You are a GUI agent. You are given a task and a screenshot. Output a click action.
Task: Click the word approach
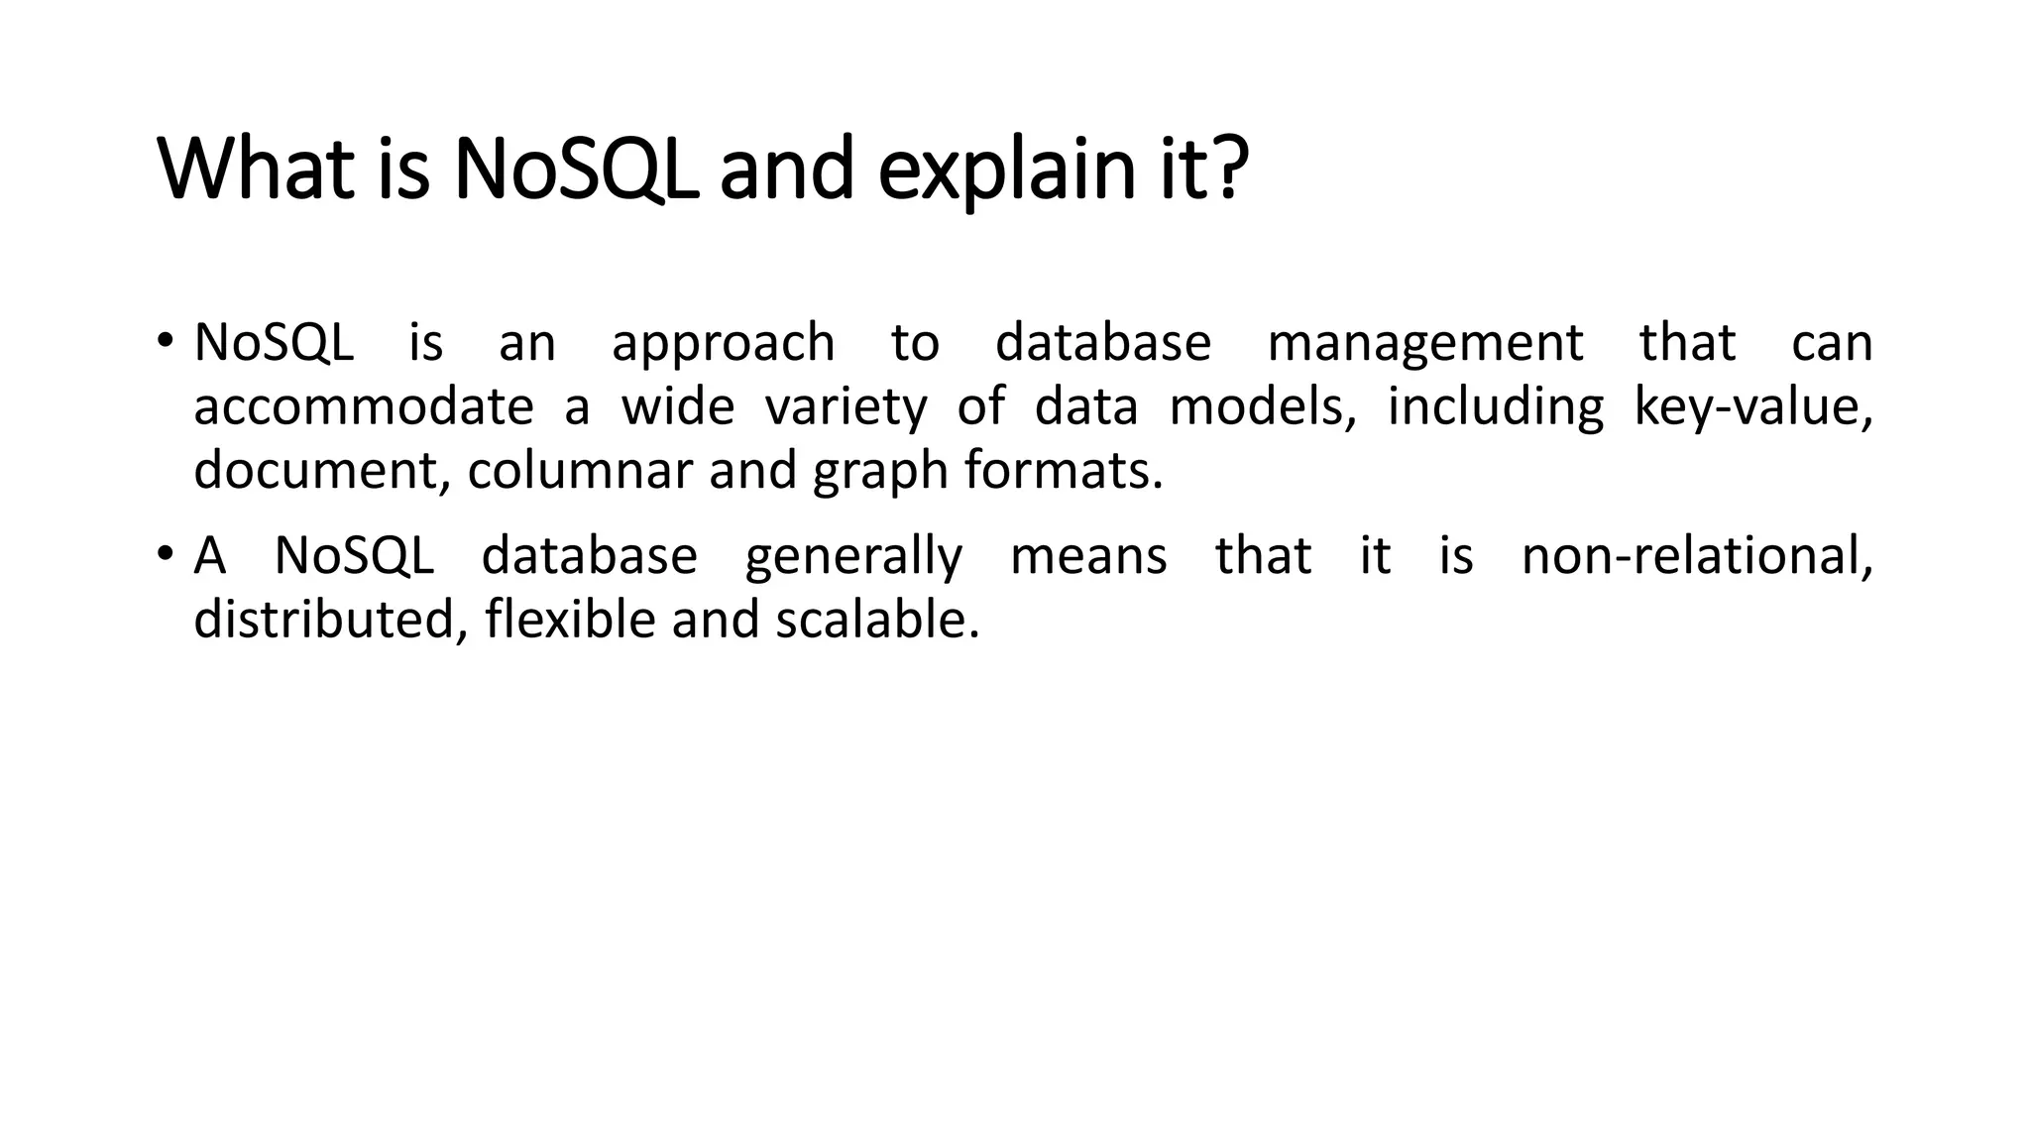coord(723,344)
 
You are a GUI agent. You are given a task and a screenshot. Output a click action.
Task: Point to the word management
coord(1424,344)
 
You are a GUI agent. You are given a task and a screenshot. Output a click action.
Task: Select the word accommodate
coord(363,406)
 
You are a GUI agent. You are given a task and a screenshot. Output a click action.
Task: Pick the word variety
coord(846,408)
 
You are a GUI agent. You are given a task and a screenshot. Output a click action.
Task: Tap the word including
coord(1494,408)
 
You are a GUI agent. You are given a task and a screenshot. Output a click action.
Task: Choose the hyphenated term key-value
coord(1751,406)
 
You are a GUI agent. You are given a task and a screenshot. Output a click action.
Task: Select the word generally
coord(853,557)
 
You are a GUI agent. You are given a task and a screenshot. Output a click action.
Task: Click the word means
coord(1088,557)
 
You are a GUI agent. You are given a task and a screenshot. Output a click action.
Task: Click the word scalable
coord(876,620)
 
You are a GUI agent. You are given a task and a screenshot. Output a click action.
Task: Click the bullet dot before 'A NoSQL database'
coord(163,551)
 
